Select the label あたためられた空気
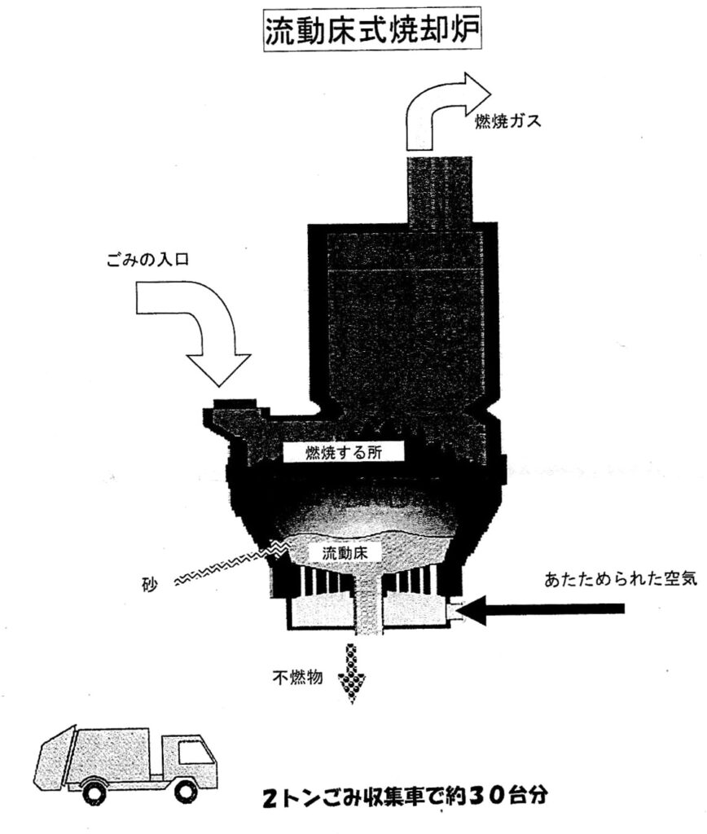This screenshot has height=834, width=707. [x=609, y=580]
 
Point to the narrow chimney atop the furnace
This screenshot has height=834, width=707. [x=440, y=191]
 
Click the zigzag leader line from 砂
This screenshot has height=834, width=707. [x=220, y=567]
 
